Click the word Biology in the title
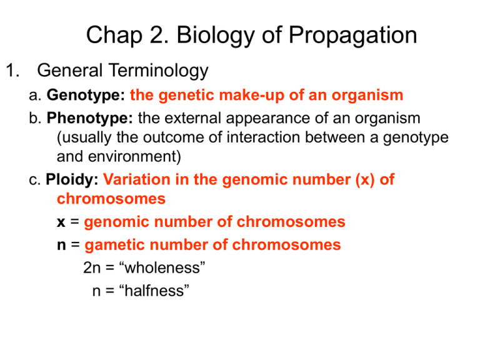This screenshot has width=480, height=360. point(212,35)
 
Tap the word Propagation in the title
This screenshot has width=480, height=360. point(350,35)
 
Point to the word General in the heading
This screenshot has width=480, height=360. point(68,71)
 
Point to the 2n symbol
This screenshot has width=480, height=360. point(93,267)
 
